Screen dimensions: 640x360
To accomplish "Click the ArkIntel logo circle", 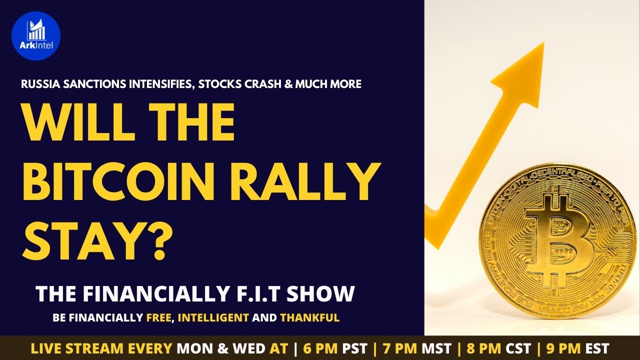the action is coord(36,36).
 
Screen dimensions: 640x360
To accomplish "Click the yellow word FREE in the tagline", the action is coord(159,317).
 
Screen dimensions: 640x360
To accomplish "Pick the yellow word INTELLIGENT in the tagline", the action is coord(213,317).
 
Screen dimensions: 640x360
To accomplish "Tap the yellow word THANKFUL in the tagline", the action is coord(309,317).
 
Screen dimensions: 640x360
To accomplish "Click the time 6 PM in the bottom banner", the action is coord(321,348).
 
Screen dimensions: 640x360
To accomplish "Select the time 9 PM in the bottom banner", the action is coord(563,348).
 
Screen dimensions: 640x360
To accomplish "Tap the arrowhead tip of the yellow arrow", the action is coord(543,43).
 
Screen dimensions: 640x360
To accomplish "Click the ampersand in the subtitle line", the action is coord(289,84).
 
